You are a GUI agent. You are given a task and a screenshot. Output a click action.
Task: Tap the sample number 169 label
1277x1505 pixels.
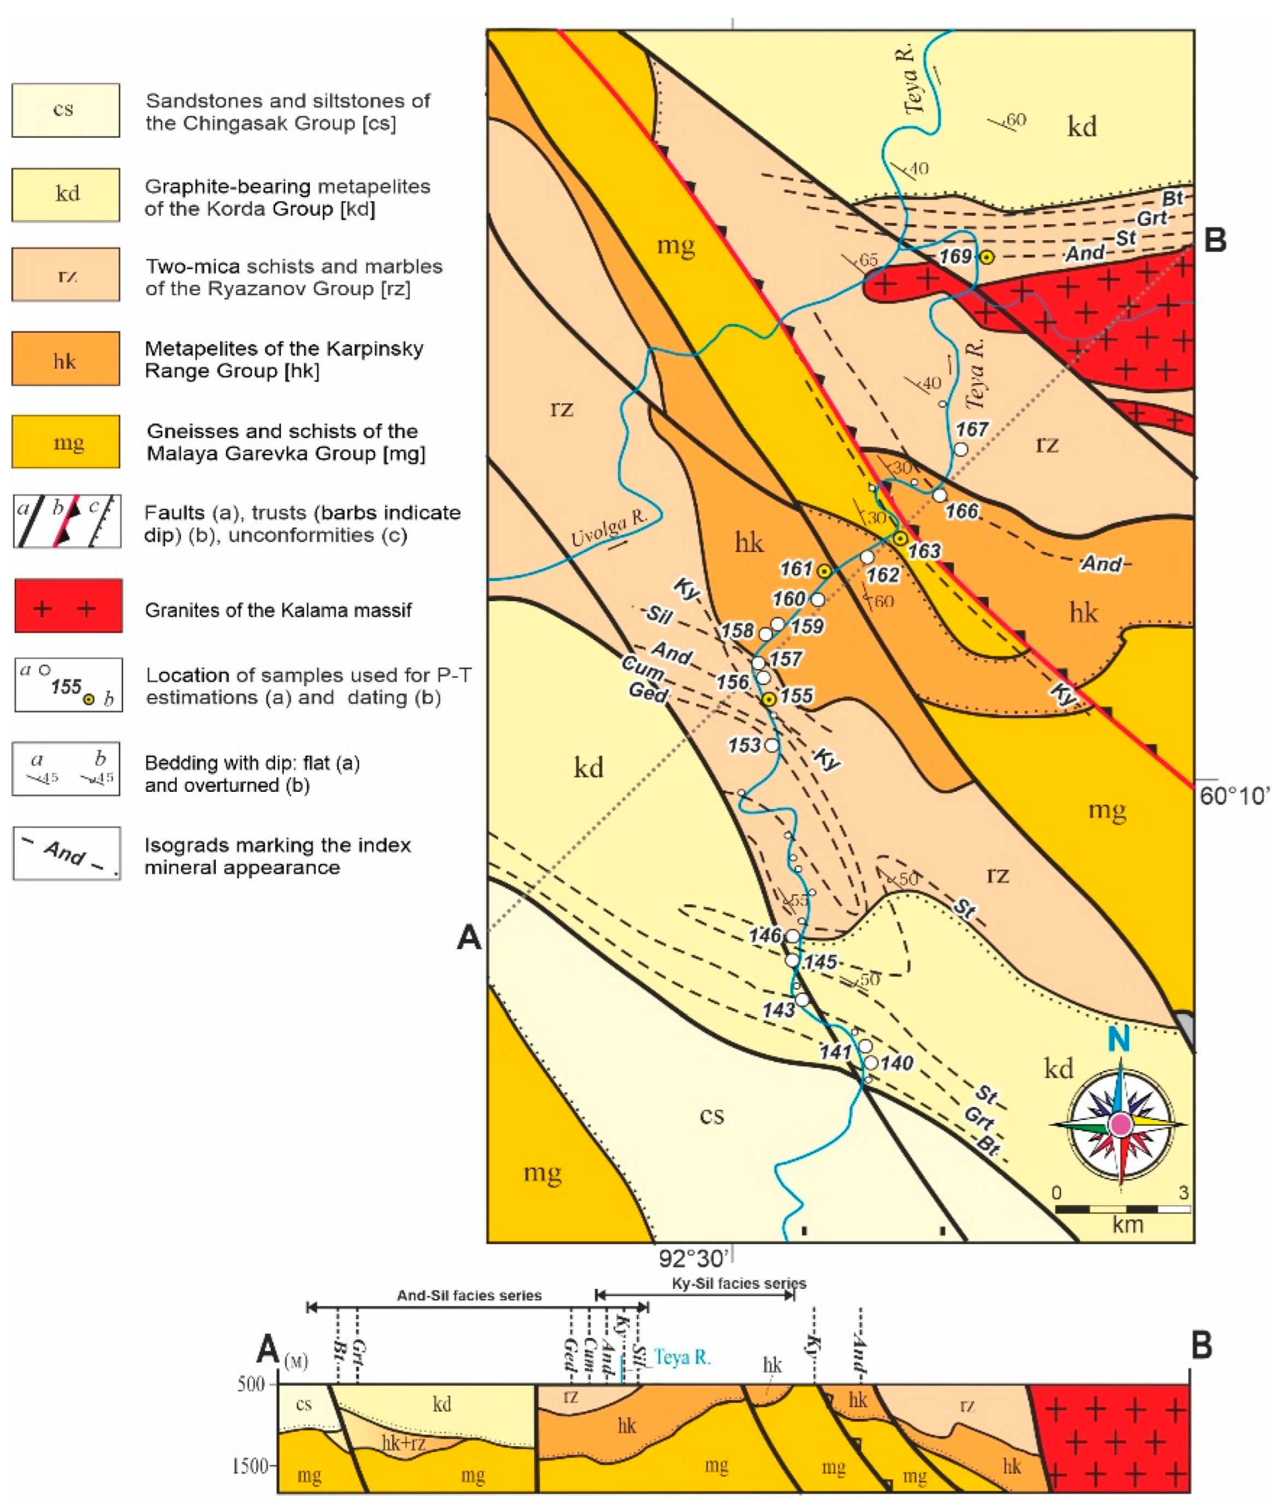[955, 256]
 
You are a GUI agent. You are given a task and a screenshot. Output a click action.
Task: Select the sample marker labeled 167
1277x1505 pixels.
[961, 449]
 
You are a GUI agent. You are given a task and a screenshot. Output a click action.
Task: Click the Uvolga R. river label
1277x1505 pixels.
[608, 529]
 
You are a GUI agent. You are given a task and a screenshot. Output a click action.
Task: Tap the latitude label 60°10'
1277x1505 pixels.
[1234, 797]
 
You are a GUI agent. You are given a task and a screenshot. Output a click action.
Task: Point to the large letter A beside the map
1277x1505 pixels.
[469, 939]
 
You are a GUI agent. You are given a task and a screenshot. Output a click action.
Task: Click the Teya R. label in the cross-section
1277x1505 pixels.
[682, 1358]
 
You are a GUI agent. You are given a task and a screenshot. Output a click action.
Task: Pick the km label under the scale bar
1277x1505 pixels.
[1127, 1225]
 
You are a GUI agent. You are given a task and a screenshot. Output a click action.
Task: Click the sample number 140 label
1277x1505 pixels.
[896, 1063]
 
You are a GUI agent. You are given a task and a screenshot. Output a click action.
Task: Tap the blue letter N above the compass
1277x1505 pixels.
[1119, 1040]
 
